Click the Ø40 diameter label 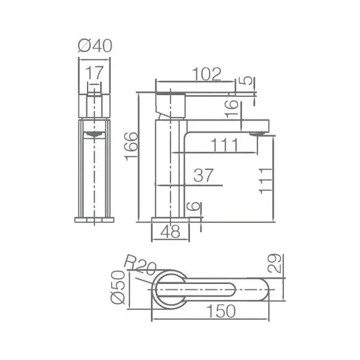tap(95, 46)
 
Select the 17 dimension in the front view tap(95, 73)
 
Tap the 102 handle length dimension tap(207, 74)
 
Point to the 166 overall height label tap(131, 147)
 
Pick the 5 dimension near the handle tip tap(247, 81)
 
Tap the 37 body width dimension tap(203, 175)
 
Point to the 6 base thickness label tap(194, 206)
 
